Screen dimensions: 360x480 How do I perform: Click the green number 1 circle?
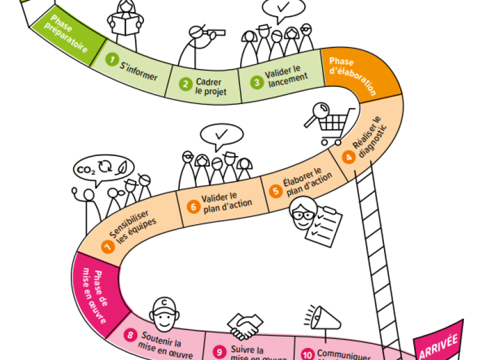coord(111,59)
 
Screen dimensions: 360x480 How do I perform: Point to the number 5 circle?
coord(275,191)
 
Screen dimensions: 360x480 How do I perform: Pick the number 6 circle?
coord(193,206)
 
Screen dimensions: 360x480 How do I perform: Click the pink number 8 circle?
coord(131,335)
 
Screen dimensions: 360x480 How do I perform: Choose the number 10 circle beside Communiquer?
coord(307,355)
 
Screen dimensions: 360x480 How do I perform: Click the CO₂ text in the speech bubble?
coord(84,170)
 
